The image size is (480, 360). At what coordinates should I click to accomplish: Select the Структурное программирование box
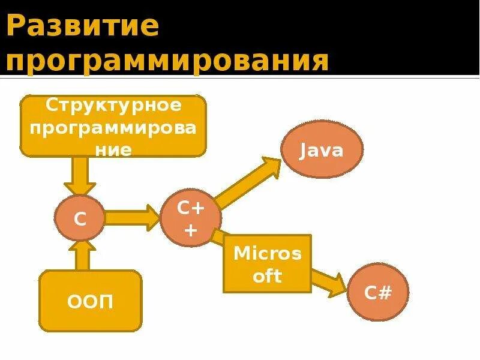113,126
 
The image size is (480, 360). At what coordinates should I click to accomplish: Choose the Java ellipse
322,150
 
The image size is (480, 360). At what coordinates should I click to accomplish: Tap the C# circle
378,293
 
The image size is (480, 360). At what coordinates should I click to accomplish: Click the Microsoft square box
267,263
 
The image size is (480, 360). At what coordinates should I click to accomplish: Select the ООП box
91,301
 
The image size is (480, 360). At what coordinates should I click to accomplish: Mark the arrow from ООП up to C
82,255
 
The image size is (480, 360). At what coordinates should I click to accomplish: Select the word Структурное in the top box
113,106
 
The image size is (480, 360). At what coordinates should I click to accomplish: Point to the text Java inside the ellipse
322,150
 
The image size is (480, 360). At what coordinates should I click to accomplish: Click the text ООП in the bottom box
91,302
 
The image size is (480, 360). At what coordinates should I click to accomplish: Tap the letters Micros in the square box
267,253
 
